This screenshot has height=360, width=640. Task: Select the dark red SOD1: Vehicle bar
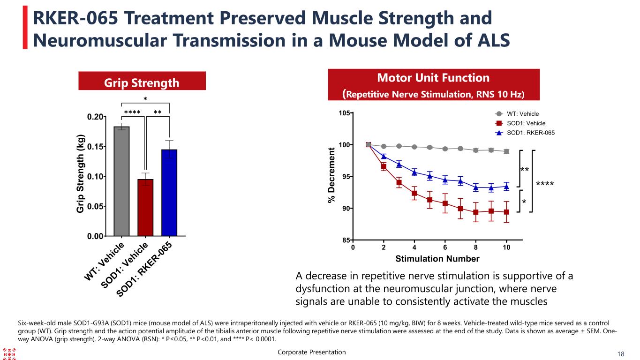[x=145, y=207]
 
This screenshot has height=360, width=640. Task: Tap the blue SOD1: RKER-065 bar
[x=169, y=192]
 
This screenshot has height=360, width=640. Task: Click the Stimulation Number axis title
[x=437, y=259]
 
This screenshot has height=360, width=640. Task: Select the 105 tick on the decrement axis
[x=345, y=113]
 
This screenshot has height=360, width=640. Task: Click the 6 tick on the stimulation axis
[x=445, y=247]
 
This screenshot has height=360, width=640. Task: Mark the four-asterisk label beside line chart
[x=544, y=184]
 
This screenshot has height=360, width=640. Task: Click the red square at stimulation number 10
[x=506, y=212]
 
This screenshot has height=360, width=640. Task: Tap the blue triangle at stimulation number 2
[x=384, y=156]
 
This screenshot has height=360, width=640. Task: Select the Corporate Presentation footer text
[x=311, y=352]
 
